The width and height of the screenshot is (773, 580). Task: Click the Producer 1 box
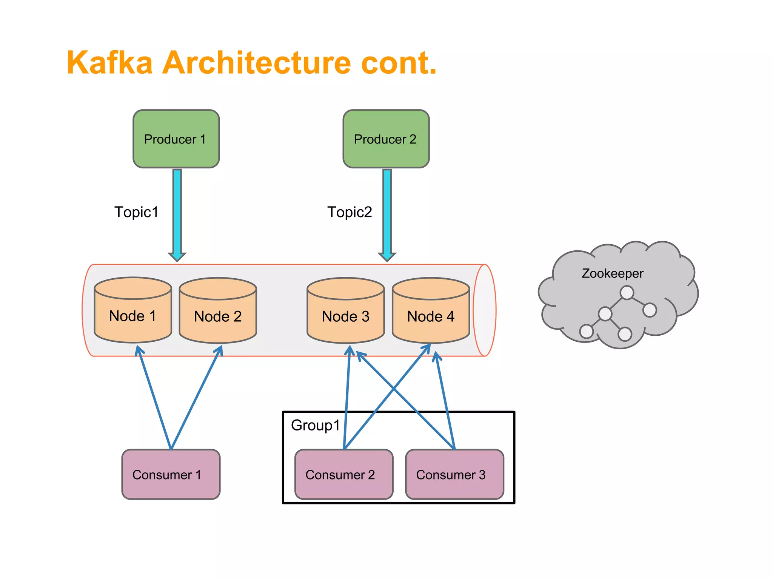click(x=176, y=139)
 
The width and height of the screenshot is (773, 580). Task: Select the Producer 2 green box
click(x=386, y=139)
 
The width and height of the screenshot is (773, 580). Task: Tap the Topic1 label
click(x=136, y=212)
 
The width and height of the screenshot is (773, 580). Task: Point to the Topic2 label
click(x=350, y=212)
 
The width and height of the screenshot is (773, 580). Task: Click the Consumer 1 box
click(x=171, y=474)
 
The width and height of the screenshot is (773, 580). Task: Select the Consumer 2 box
click(x=343, y=474)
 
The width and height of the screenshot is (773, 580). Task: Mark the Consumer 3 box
click(x=454, y=474)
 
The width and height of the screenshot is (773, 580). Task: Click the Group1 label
click(x=316, y=425)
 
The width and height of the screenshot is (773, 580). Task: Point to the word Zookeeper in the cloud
click(x=612, y=273)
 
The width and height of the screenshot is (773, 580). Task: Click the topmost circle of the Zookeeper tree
click(x=627, y=293)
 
